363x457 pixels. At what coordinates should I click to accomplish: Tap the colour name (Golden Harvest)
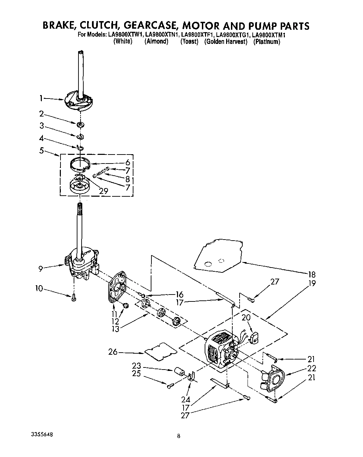point(226,42)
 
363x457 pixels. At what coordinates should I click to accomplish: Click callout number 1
point(41,99)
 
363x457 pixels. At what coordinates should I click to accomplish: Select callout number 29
point(103,191)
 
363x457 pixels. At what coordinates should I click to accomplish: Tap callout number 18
point(311,275)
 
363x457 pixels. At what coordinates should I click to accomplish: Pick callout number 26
point(113,353)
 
